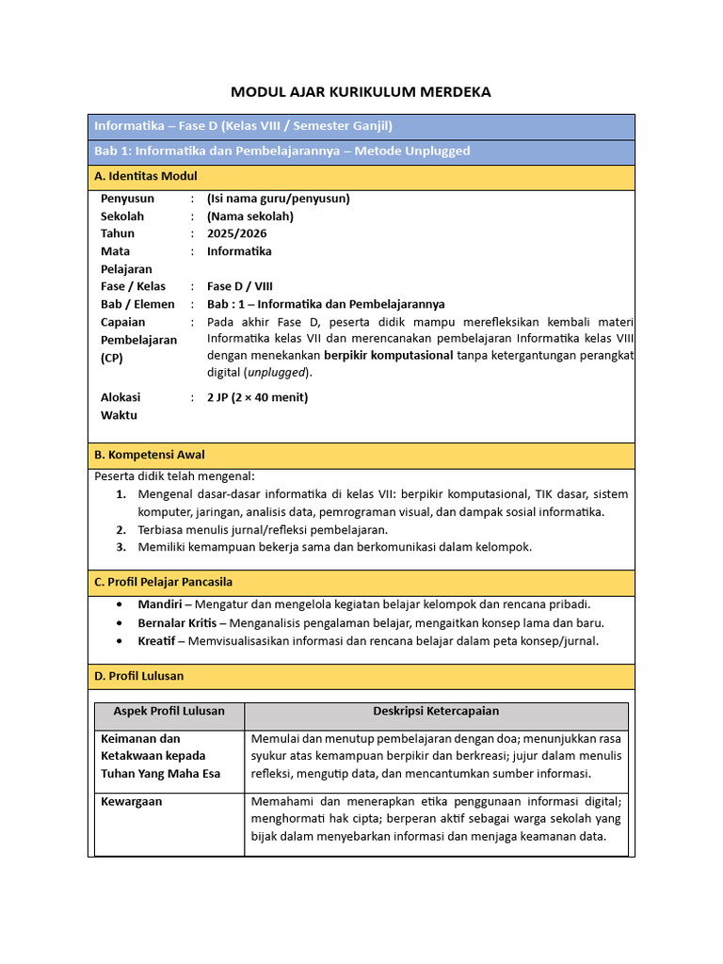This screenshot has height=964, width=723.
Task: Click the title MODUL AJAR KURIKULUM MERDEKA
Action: tap(361, 92)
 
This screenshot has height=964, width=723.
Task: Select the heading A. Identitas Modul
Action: tap(146, 177)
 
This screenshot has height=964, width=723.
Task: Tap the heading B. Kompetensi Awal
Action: tap(149, 455)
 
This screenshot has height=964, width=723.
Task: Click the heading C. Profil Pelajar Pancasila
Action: tap(163, 583)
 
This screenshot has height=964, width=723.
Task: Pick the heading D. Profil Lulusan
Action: tap(138, 676)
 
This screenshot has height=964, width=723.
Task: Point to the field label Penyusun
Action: tap(127, 199)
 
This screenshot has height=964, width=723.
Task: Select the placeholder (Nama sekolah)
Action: tap(250, 217)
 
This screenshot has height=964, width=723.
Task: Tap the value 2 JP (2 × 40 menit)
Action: tap(257, 397)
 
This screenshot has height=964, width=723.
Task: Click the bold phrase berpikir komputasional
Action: tap(388, 355)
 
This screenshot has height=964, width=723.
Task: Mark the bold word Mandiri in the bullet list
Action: tap(159, 604)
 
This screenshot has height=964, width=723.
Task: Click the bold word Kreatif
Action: tap(158, 641)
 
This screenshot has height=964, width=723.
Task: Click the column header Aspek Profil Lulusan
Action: tap(169, 711)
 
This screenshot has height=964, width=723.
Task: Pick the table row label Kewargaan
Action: tap(131, 801)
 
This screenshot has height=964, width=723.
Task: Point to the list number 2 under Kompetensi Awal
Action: tap(120, 530)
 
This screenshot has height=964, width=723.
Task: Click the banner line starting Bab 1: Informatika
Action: tap(282, 152)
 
